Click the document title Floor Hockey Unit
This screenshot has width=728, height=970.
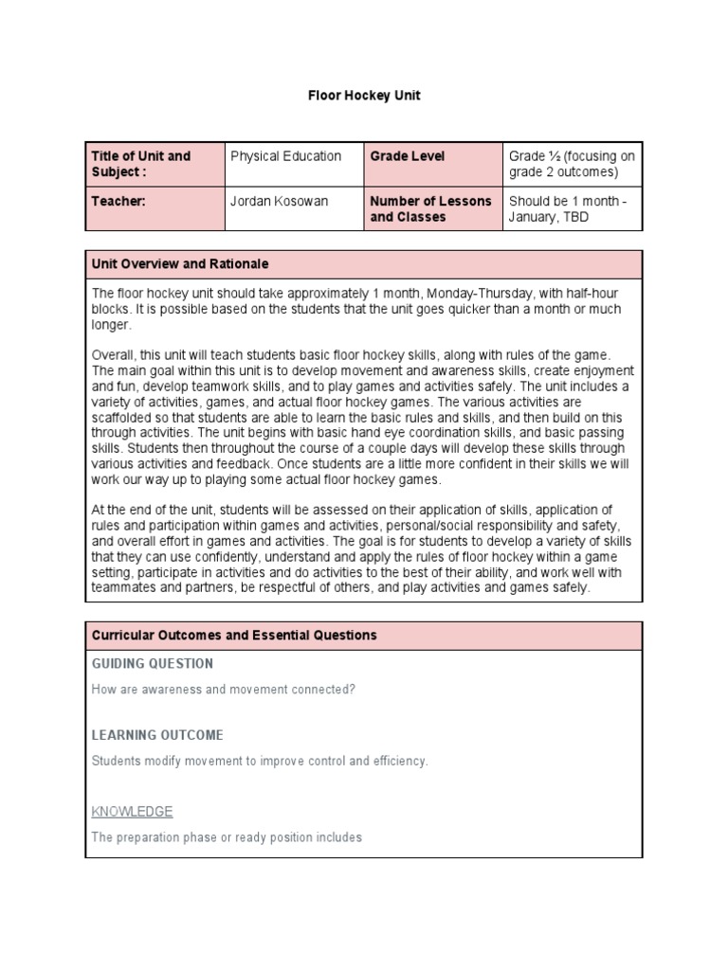point(364,97)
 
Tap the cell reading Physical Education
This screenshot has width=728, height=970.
point(285,156)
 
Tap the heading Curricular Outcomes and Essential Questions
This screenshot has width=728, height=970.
point(233,635)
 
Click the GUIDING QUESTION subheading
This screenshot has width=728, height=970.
point(152,663)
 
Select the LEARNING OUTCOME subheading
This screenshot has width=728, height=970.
point(157,735)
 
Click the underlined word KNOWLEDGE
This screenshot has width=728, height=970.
point(132,812)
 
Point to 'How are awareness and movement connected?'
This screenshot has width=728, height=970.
point(224,689)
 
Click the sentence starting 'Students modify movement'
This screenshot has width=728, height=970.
point(260,761)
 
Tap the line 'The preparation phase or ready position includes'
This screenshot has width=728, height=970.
point(227,837)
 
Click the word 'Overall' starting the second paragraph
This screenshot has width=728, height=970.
point(112,354)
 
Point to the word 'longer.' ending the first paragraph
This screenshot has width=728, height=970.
point(111,324)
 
